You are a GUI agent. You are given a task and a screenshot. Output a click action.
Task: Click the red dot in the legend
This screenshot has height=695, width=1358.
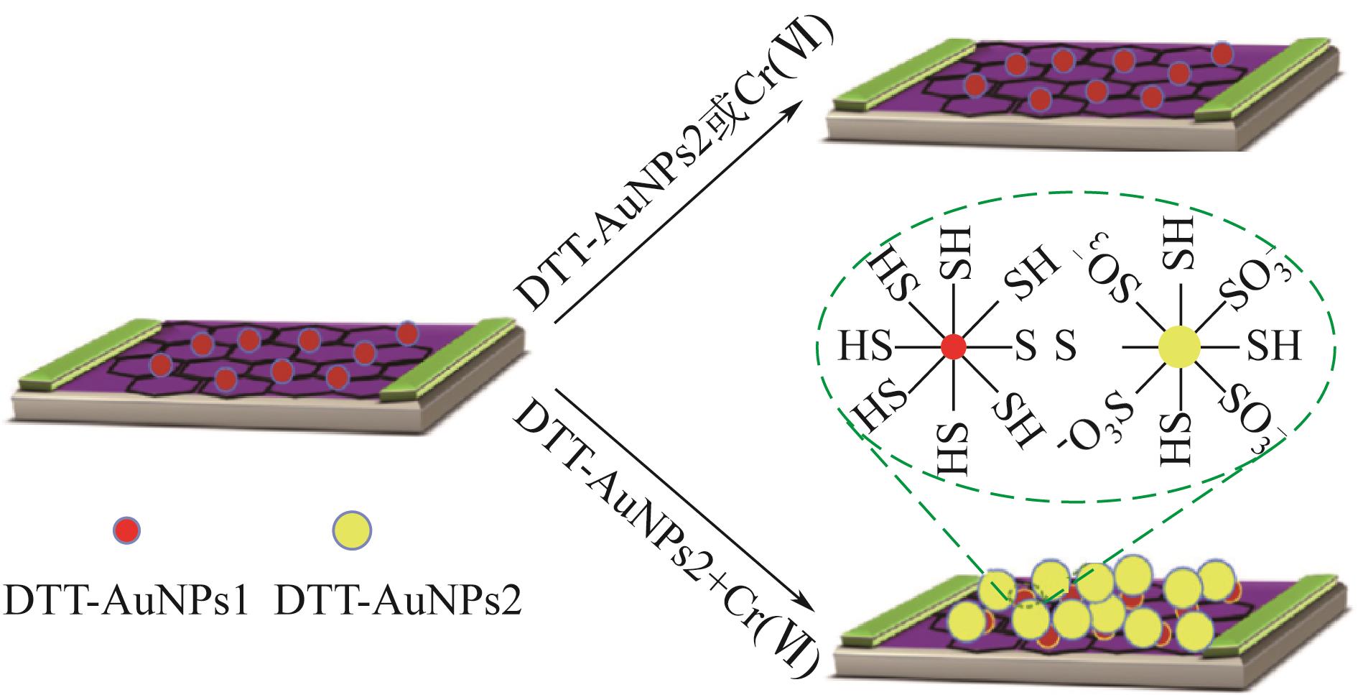click(128, 530)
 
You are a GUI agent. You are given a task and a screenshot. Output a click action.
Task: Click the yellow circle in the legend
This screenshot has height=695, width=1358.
click(351, 530)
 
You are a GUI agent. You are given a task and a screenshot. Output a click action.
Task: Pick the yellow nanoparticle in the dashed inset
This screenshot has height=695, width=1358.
click(1179, 347)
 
